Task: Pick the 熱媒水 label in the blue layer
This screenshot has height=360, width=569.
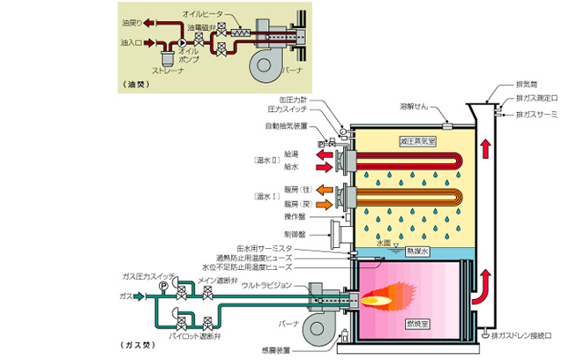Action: click(x=416, y=250)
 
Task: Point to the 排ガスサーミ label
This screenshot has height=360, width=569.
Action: click(x=537, y=115)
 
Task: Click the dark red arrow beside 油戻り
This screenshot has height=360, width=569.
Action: click(x=146, y=23)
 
